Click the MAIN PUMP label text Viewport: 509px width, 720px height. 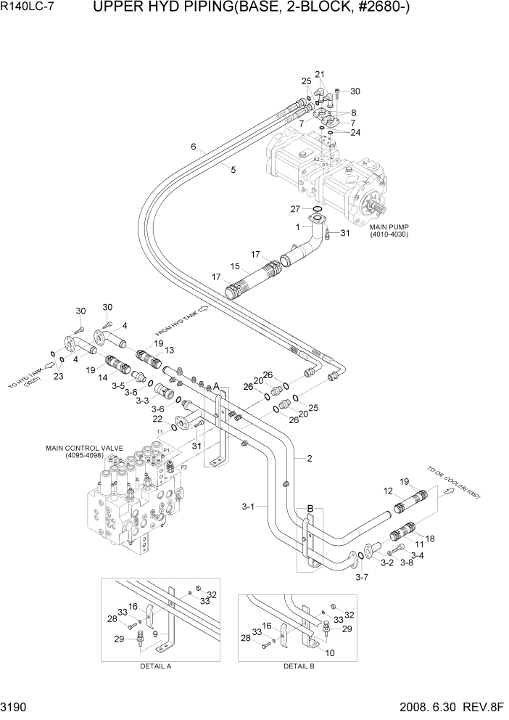click(x=392, y=227)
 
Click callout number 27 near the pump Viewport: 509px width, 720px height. click(x=295, y=208)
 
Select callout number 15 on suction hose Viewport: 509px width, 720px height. click(x=234, y=266)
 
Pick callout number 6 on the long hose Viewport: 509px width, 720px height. click(x=194, y=147)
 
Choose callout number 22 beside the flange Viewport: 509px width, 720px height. click(x=157, y=419)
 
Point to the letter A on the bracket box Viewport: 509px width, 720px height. click(x=215, y=385)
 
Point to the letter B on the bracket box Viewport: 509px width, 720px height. click(x=310, y=509)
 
